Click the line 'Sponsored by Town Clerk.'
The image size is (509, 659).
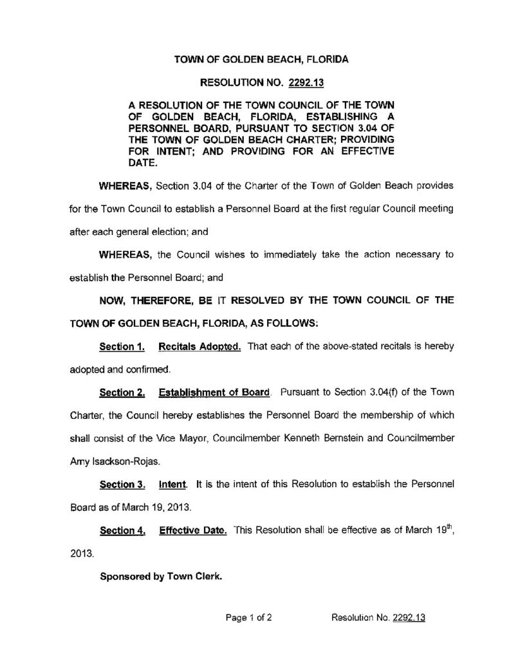pyautogui.click(x=160, y=577)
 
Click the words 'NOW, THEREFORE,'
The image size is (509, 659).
pyautogui.click(x=142, y=300)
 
